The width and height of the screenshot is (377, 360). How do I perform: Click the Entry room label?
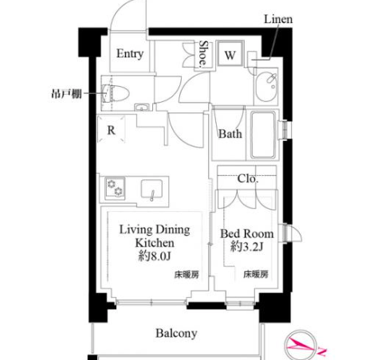tap(130, 54)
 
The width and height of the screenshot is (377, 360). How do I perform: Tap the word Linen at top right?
tap(278, 19)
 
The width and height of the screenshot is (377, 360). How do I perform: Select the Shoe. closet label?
tap(203, 53)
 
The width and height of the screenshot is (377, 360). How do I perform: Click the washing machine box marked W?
tap(230, 53)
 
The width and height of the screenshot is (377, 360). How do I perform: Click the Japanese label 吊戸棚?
tap(67, 94)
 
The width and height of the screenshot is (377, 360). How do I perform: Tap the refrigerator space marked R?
tap(111, 129)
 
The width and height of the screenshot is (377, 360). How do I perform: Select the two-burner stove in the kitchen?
tap(115, 187)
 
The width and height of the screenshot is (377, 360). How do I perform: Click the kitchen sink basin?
tap(151, 189)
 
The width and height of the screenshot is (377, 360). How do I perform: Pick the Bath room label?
tap(230, 134)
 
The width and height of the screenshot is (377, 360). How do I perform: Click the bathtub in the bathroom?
tap(263, 135)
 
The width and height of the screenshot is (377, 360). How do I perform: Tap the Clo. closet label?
tap(248, 178)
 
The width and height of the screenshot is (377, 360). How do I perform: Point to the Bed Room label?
tap(247, 233)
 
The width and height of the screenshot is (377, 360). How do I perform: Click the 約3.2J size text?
tap(247, 246)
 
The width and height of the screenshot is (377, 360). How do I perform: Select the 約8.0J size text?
tap(155, 256)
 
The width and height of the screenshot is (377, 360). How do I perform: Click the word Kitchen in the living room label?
tap(155, 243)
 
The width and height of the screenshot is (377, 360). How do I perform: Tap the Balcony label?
tap(176, 334)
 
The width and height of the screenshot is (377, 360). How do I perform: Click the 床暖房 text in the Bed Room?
tap(256, 274)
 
